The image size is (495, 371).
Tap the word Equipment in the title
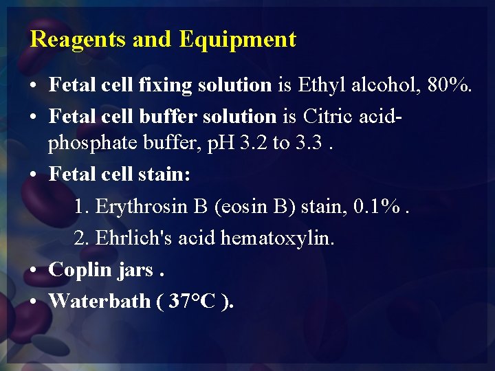point(237,40)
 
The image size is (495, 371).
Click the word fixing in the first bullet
point(166,85)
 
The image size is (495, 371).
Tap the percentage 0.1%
point(375,206)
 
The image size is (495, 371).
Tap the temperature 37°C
point(193,301)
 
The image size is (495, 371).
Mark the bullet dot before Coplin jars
point(34,270)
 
